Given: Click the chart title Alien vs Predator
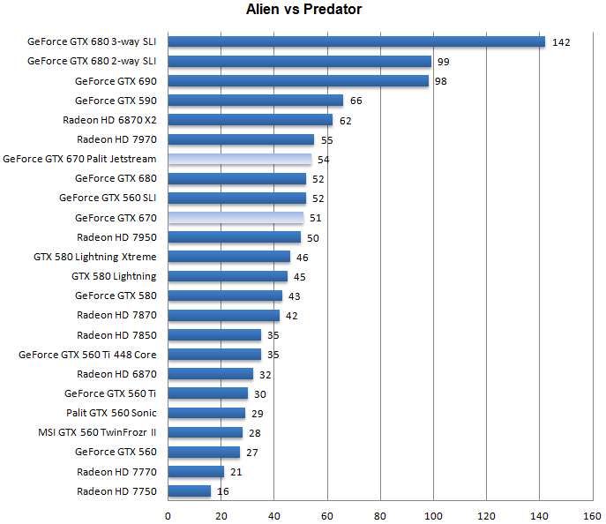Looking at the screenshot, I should (x=303, y=10).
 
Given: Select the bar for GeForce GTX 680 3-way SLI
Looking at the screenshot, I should (x=356, y=41).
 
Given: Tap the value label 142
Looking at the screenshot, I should (x=561, y=42).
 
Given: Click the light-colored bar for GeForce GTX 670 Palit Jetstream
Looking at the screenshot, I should (x=240, y=159).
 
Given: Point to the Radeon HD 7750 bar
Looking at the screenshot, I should (x=190, y=490).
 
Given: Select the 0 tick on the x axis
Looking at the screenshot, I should (x=168, y=514).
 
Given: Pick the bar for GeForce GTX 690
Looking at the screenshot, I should (x=298, y=81).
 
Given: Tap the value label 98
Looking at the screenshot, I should (x=441, y=81).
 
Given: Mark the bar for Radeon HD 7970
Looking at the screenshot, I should (x=241, y=139).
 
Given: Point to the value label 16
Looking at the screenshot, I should (x=223, y=491).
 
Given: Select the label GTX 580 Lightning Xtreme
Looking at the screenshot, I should (x=94, y=257).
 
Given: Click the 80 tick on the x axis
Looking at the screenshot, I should (x=380, y=514).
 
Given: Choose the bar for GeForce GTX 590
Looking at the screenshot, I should (x=255, y=101).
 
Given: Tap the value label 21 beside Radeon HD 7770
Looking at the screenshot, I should (x=236, y=472).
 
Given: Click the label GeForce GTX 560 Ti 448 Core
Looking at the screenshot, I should (x=87, y=355).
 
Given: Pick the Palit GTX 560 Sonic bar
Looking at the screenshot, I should (x=206, y=413).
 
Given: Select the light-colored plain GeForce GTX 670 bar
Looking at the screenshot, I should (x=236, y=218).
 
